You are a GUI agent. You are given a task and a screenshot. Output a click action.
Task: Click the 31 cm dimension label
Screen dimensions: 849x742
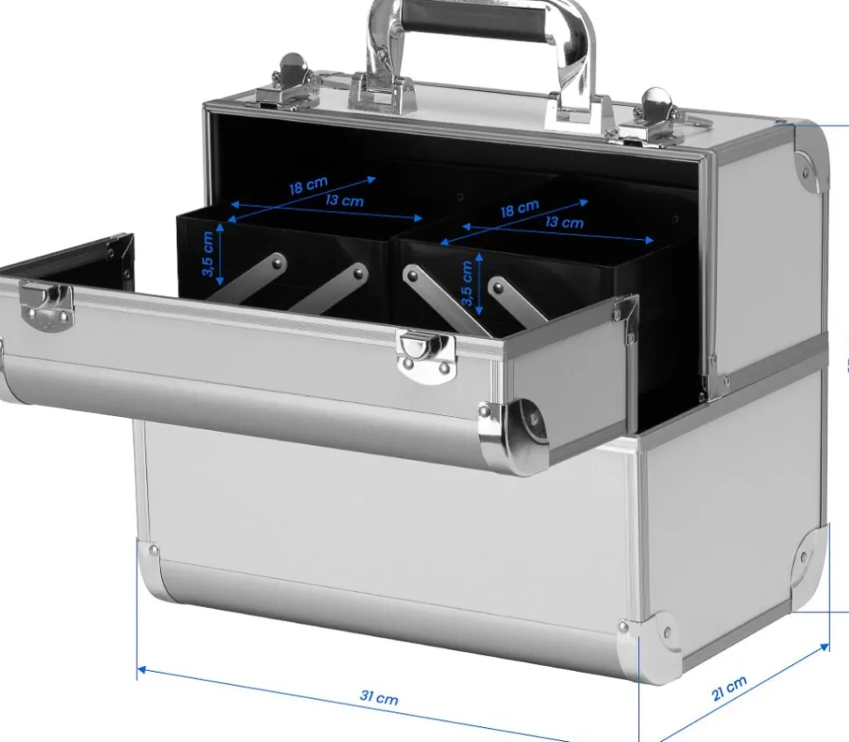[x=379, y=697]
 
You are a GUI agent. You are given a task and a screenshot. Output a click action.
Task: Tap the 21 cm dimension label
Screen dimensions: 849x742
[x=729, y=688]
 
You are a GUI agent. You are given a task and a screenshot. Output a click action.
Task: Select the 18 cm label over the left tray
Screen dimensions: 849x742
[x=308, y=186]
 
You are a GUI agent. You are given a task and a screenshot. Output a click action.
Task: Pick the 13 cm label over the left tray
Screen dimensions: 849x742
[x=344, y=201]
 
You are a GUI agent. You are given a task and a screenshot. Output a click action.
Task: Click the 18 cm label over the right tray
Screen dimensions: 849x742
[x=519, y=208]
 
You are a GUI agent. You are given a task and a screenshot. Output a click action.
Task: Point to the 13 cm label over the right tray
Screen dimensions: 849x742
[x=565, y=223]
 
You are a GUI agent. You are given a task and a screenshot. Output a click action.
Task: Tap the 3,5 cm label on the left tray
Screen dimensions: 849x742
[x=208, y=254]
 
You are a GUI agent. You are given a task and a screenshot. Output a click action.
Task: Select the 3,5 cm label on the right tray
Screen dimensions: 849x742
[x=467, y=284]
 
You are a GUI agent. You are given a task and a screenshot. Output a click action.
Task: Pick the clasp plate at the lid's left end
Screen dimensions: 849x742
[x=46, y=307]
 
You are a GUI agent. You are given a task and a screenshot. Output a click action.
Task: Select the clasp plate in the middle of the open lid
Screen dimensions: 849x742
[x=426, y=354]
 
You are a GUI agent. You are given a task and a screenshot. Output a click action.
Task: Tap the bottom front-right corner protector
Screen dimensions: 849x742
[x=649, y=647]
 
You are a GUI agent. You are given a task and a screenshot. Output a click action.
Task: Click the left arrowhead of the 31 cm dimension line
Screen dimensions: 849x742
[x=142, y=671]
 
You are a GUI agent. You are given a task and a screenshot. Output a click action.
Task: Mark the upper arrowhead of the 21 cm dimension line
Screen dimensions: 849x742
[x=824, y=647]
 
